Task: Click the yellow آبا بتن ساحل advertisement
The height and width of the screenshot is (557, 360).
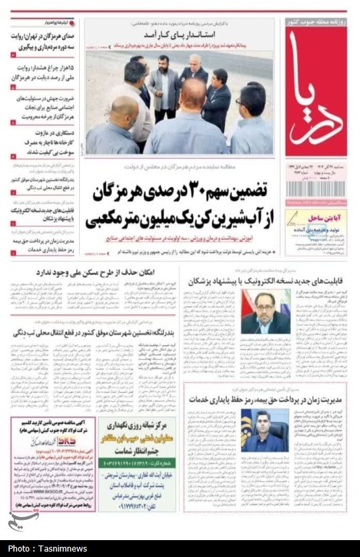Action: pyautogui.click(x=315, y=232)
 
